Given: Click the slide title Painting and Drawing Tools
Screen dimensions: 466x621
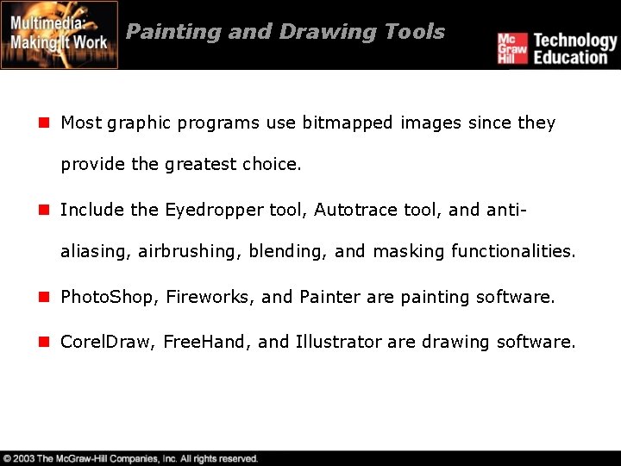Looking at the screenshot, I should click(x=285, y=32).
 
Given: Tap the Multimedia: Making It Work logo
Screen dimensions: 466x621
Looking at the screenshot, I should click(x=60, y=35).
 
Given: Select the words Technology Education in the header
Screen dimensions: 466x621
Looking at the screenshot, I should click(x=574, y=48).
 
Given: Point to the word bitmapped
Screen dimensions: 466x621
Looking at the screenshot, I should click(x=348, y=123).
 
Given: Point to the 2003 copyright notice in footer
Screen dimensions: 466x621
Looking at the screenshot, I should click(x=129, y=458).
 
